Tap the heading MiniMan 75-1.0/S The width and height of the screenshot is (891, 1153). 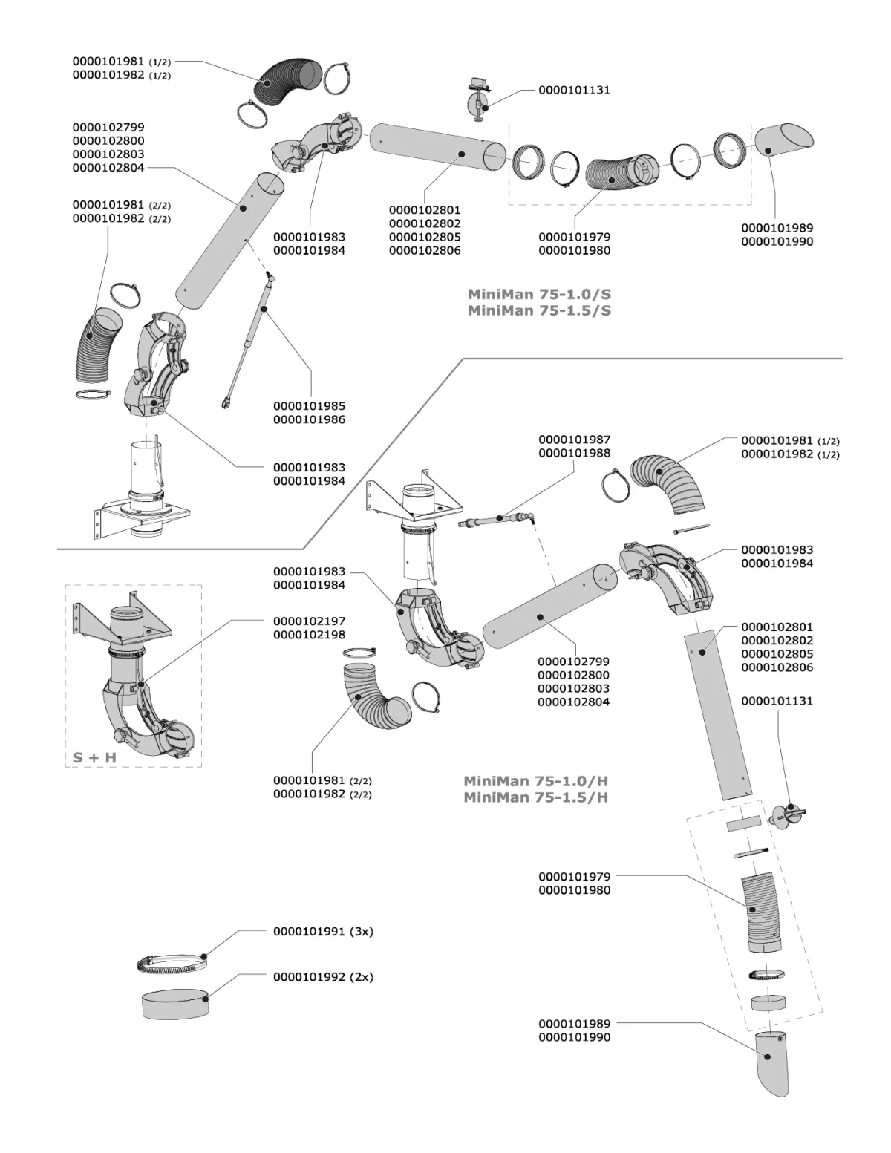539,294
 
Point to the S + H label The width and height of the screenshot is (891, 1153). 94,757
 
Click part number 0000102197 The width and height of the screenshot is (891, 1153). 309,621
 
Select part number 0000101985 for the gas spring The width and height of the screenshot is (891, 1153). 309,406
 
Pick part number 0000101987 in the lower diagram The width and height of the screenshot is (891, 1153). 574,440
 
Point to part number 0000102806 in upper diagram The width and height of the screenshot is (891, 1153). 425,250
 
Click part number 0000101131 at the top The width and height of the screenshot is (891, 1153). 574,90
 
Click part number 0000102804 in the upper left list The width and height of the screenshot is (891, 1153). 108,168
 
